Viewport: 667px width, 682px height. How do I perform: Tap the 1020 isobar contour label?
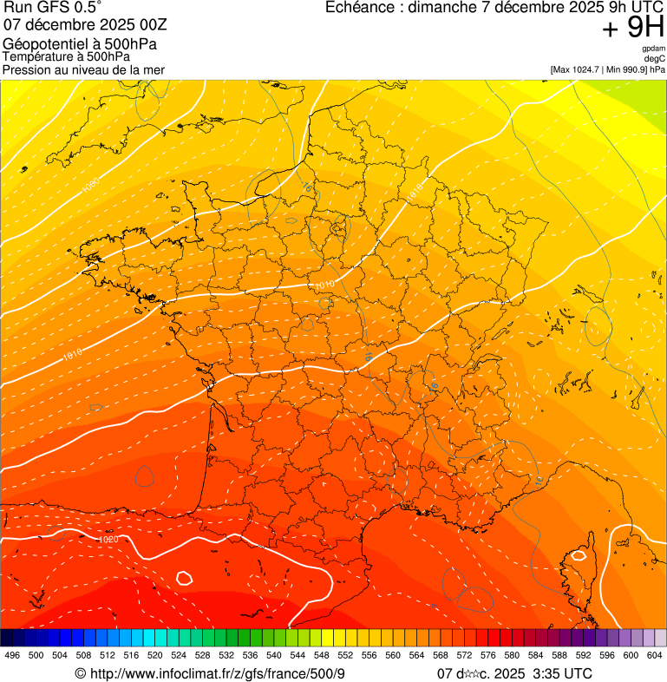tap(108, 540)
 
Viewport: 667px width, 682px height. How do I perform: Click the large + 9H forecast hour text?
tap(632, 29)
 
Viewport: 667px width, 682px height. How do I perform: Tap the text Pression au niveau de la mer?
tap(83, 69)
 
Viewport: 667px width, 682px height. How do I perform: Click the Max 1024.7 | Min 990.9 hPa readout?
tap(607, 69)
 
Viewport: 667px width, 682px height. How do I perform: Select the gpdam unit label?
tap(654, 49)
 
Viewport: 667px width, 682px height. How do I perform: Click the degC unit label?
tap(655, 59)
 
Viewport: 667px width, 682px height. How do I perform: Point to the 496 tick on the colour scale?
tap(12, 655)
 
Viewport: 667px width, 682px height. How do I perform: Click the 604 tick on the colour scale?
tap(655, 655)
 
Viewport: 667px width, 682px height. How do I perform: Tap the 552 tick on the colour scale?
tap(345, 655)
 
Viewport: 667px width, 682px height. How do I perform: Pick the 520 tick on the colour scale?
tap(155, 655)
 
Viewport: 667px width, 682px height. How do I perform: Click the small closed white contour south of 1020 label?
tap(184, 577)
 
